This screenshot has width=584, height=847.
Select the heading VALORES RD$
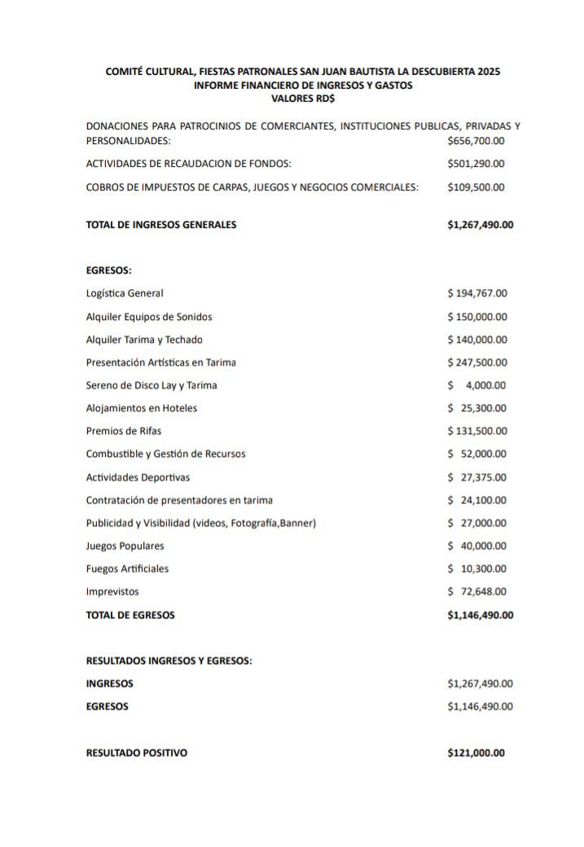(302, 98)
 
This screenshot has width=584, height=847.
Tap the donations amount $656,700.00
(476, 141)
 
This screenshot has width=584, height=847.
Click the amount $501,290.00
(476, 164)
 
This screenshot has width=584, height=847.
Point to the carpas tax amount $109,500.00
(476, 187)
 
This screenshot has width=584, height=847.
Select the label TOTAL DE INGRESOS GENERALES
(161, 225)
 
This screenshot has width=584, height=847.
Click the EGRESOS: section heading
(108, 270)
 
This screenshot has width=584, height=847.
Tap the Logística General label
(125, 293)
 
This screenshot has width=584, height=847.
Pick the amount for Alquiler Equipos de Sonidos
(477, 317)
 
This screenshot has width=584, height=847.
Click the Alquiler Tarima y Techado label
(144, 340)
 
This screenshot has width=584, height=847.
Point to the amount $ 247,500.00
(477, 362)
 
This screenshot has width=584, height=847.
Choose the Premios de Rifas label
(117, 431)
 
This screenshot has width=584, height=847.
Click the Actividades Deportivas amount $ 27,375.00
(477, 477)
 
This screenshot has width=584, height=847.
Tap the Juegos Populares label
(125, 546)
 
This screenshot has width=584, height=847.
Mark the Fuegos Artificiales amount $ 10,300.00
(477, 568)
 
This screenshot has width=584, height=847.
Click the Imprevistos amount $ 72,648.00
(477, 591)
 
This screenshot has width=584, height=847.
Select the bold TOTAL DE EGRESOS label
(130, 615)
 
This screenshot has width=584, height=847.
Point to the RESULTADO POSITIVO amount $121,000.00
(476, 753)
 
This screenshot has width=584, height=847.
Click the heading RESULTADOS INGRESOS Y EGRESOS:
(169, 661)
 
